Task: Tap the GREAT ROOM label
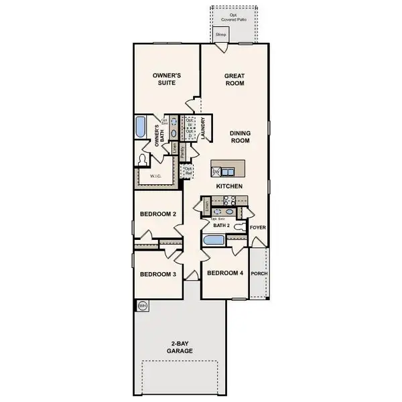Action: (x=234, y=80)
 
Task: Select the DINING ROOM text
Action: (x=240, y=137)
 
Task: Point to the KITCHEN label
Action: (x=228, y=186)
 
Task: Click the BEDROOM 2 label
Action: (x=158, y=214)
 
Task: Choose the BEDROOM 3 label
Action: (x=158, y=274)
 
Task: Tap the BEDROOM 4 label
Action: (x=225, y=273)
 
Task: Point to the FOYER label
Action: (x=258, y=227)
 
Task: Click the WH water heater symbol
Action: (x=142, y=306)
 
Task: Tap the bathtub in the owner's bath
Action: (x=141, y=127)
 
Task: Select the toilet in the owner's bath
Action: (x=141, y=159)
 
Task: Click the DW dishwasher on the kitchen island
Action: (x=216, y=172)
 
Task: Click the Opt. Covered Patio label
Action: (x=234, y=17)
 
